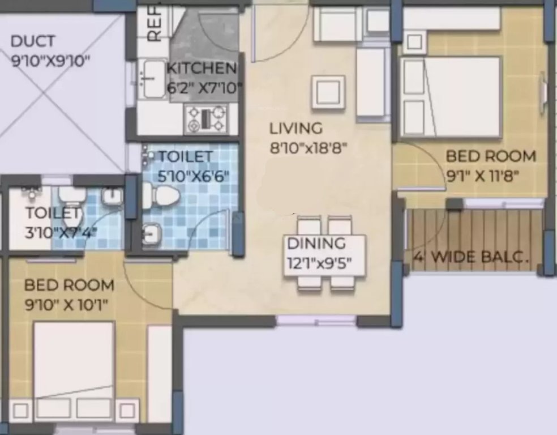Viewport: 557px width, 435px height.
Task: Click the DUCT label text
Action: point(33,41)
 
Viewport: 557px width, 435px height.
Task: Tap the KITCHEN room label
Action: point(202,69)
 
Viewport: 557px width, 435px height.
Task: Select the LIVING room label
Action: point(295,128)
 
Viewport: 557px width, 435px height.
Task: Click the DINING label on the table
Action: point(316,244)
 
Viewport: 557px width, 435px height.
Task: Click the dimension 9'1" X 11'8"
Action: point(491,176)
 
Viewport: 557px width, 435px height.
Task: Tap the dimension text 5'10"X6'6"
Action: point(193,175)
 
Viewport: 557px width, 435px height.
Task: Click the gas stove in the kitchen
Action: point(205,118)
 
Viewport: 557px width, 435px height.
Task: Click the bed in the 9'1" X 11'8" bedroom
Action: point(451,97)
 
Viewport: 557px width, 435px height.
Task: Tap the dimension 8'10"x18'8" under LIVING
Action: point(308,147)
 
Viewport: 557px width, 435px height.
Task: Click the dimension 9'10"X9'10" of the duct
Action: point(52,61)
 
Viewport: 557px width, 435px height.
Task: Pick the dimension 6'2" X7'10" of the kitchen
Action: point(204,88)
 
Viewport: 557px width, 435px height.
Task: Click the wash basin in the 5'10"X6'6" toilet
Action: point(151,233)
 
